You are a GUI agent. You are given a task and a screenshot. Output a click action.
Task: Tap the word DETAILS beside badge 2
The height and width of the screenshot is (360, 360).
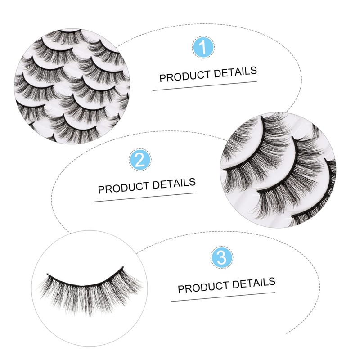coord(173,183)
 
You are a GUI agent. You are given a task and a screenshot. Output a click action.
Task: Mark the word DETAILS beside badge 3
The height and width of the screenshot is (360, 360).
coord(253,283)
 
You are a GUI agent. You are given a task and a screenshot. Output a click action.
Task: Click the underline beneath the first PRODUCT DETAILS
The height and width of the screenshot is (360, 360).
coord(205,85)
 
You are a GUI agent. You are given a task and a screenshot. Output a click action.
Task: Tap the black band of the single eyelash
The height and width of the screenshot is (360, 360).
coord(85,279)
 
